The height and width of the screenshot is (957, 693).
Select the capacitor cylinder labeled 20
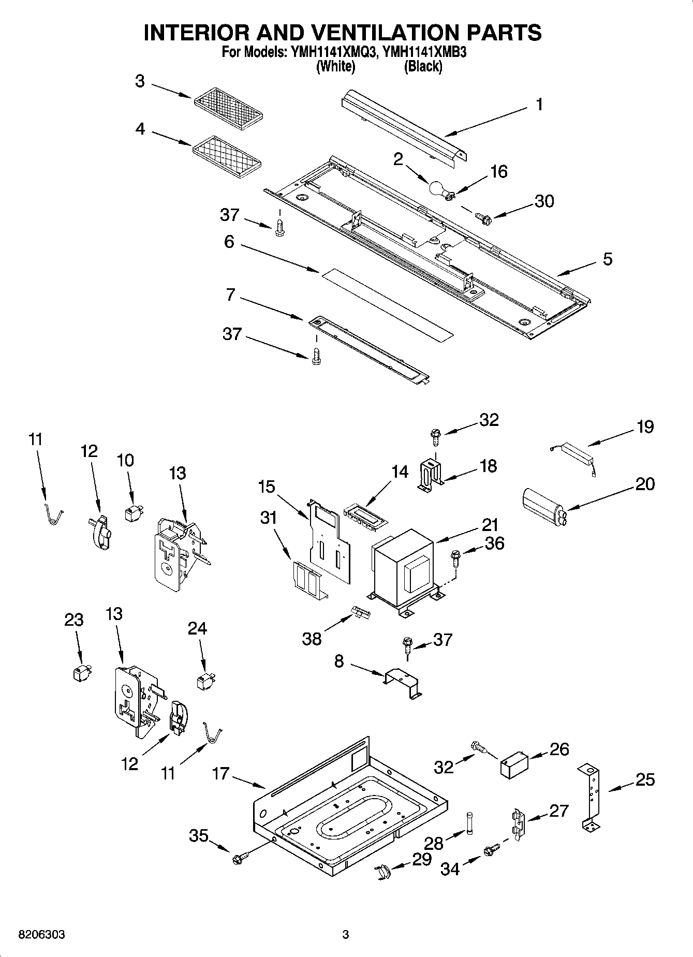543,502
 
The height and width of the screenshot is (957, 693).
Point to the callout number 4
140,129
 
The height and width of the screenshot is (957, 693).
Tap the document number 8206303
42,935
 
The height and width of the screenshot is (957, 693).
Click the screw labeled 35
240,858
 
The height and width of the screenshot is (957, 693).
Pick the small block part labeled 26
514,765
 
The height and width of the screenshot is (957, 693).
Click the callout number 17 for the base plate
220,774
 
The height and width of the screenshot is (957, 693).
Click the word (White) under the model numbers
335,66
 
